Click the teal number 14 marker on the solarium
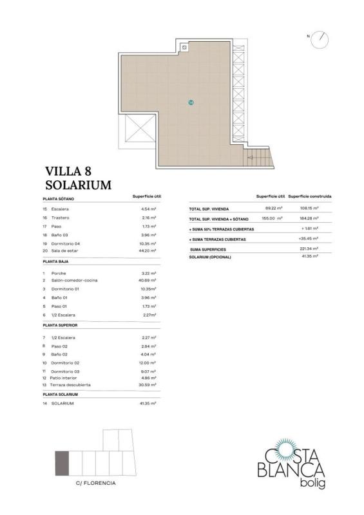(191, 102)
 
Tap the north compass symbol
(320, 40)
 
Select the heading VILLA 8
(68, 171)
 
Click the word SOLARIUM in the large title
(78, 185)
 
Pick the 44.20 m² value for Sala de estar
(148, 250)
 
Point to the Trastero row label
(60, 218)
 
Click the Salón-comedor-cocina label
(74, 281)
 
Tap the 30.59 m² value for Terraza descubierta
(148, 384)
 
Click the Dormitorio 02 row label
(65, 363)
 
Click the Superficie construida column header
(310, 196)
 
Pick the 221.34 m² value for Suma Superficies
(309, 248)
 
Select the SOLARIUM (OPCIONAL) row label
(210, 257)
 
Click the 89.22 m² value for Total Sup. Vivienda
(274, 208)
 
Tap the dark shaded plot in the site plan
(62, 463)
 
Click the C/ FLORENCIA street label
(96, 483)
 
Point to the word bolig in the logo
(312, 483)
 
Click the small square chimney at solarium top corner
(184, 48)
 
